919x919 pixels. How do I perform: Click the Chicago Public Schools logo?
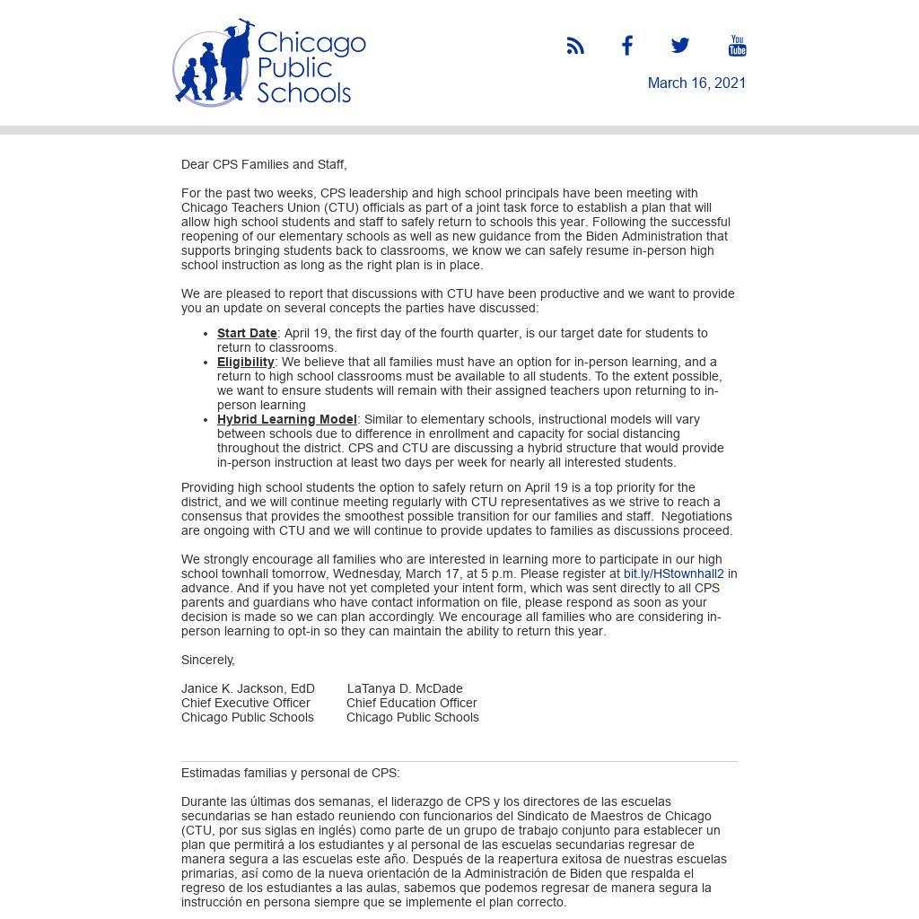(x=269, y=63)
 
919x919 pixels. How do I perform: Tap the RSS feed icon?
(x=575, y=46)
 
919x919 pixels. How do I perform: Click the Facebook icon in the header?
(x=627, y=46)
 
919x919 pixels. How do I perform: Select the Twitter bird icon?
(x=680, y=46)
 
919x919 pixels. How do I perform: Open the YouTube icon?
(x=737, y=46)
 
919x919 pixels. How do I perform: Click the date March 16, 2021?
(x=696, y=83)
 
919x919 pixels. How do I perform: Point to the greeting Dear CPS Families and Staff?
(x=264, y=164)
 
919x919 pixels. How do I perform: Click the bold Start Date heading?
(x=247, y=333)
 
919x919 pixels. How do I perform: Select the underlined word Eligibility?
(x=245, y=362)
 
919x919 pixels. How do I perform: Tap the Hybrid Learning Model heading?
(x=286, y=419)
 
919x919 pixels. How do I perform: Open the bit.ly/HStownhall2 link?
(x=673, y=573)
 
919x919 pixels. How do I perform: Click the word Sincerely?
(x=207, y=660)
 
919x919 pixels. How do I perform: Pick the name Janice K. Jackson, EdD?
(x=248, y=688)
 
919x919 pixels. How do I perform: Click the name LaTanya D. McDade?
(x=405, y=688)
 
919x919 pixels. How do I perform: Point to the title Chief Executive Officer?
(x=246, y=703)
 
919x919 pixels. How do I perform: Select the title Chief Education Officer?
(x=412, y=703)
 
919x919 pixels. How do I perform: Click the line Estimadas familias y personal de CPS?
(x=291, y=773)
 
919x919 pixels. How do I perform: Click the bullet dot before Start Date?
(x=207, y=334)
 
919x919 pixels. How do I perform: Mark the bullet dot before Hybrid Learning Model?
(x=207, y=420)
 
